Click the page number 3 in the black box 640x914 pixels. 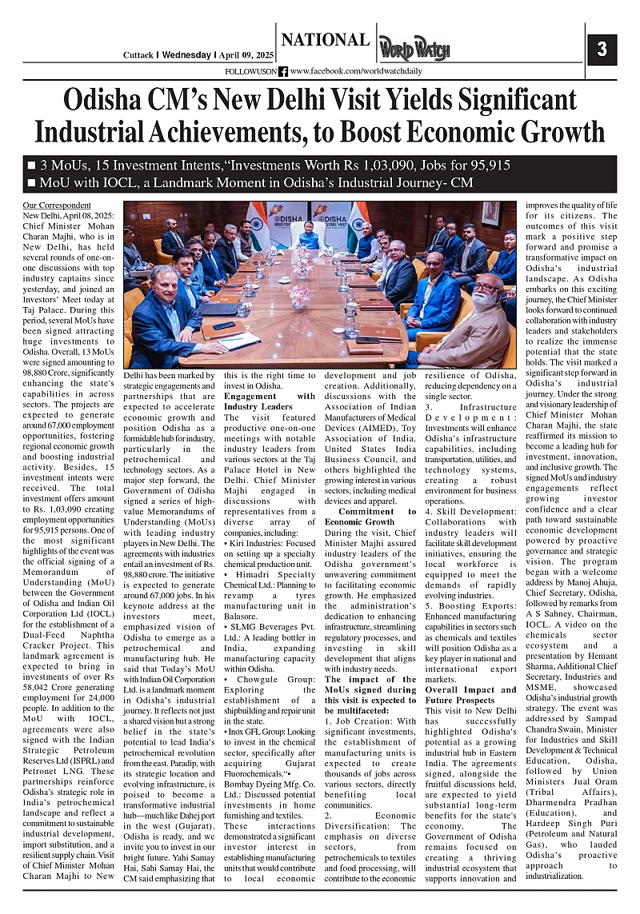coord(602,50)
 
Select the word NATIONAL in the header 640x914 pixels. coord(325,40)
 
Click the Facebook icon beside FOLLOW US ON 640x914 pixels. coord(283,71)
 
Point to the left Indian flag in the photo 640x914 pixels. coord(258,220)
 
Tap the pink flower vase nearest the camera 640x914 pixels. coord(299,297)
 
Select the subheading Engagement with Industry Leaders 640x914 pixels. coord(270,401)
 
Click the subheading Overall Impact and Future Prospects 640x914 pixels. coord(470,695)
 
